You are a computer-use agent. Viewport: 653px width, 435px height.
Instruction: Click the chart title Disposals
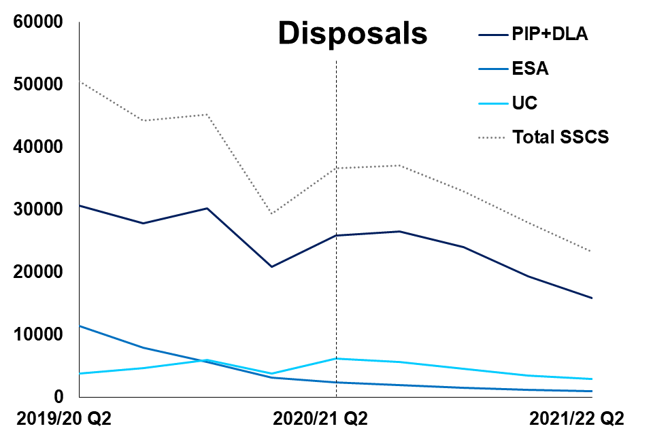[x=352, y=33]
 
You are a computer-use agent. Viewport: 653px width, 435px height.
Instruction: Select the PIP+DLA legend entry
[x=550, y=33]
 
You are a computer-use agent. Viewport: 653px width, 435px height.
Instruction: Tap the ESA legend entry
[x=531, y=69]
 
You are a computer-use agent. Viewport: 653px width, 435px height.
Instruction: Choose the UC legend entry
[x=525, y=103]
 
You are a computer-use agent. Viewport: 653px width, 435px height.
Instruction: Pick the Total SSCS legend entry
[x=560, y=137]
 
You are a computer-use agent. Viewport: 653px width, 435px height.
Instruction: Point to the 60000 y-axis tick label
[x=38, y=22]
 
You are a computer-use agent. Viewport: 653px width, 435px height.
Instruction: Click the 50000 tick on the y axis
[x=38, y=85]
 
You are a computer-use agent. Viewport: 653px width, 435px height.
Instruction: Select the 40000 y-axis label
[x=38, y=147]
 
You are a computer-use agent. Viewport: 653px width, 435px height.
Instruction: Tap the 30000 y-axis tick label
[x=38, y=210]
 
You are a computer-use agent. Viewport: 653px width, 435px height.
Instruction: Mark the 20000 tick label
[x=38, y=272]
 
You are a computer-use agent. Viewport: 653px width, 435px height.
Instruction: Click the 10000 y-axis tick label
[x=38, y=334]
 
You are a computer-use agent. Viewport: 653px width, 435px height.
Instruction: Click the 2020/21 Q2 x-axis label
[x=320, y=417]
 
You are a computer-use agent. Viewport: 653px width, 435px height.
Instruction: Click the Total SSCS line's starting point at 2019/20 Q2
[x=80, y=82]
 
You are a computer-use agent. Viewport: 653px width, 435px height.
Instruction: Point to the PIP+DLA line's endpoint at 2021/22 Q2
[x=592, y=298]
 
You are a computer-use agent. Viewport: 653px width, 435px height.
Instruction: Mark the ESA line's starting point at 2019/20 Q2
[x=80, y=326]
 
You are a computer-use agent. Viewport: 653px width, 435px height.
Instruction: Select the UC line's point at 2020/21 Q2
[x=336, y=358]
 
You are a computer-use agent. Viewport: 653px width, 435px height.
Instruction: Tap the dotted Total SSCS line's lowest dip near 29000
[x=271, y=213]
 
